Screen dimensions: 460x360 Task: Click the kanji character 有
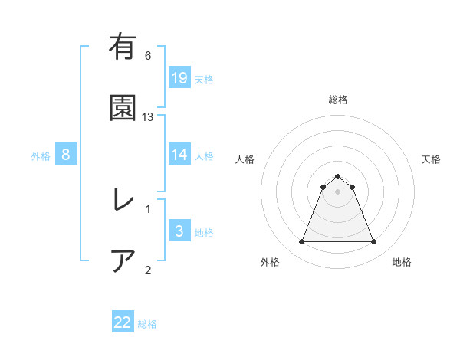point(122,47)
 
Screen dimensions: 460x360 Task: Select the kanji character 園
point(122,108)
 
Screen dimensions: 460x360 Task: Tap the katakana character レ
point(122,201)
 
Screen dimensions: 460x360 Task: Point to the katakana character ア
point(122,261)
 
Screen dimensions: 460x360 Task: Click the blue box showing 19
point(179,77)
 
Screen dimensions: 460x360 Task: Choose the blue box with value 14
point(179,155)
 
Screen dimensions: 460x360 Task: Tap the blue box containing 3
point(179,231)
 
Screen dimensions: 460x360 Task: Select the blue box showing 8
point(66,155)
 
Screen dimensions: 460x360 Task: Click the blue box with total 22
point(123,322)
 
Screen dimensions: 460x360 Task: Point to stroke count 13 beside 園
point(148,116)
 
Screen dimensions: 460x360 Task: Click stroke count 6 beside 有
point(148,55)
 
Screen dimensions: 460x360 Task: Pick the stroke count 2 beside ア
point(148,270)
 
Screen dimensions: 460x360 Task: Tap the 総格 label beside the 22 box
point(147,324)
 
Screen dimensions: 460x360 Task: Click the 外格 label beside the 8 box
point(41,156)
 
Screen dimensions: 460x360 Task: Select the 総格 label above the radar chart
point(337,100)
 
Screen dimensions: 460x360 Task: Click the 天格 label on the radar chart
point(431,159)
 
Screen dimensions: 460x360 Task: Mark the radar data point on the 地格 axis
point(373,242)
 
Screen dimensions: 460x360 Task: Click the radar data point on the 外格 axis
point(301,242)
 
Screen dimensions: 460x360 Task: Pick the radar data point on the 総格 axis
point(337,176)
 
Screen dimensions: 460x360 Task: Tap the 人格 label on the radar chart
point(245,159)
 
